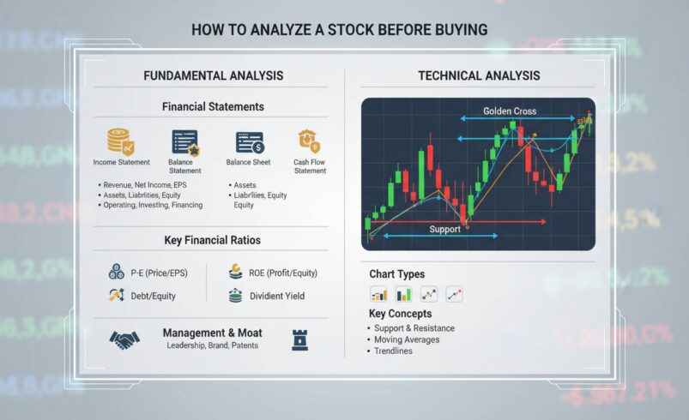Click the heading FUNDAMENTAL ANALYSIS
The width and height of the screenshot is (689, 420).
point(213,76)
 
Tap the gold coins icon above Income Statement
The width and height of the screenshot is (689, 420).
point(119,141)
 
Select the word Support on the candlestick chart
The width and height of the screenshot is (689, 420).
point(444,230)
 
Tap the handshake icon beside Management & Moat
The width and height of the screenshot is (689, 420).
point(124,339)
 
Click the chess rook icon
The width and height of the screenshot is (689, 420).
point(300,338)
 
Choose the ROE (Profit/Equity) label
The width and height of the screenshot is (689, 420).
point(284,273)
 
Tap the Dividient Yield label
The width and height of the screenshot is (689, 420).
point(277,297)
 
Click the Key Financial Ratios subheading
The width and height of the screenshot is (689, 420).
point(212,241)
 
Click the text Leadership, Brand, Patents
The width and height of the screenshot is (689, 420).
point(212,345)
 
